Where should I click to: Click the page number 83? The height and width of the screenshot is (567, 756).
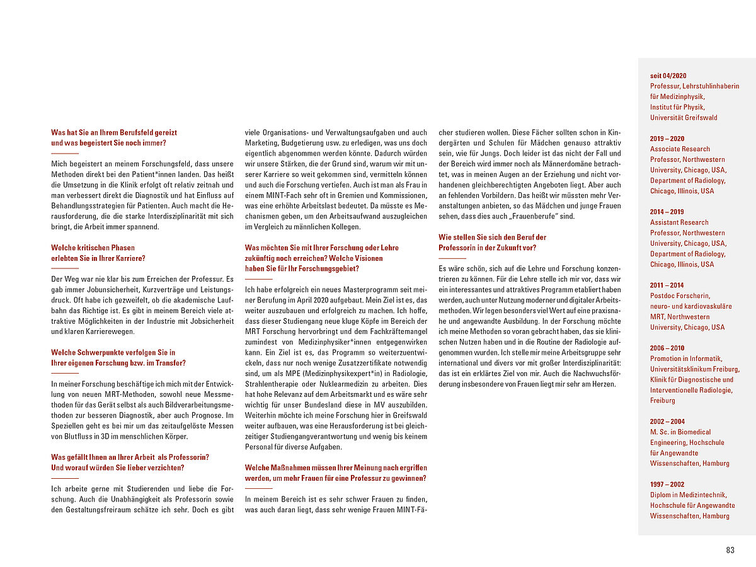(730, 550)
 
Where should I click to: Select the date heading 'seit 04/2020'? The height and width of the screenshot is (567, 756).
(668, 76)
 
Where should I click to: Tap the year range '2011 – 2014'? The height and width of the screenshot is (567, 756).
(667, 285)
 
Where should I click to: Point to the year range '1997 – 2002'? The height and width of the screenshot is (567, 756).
(667, 484)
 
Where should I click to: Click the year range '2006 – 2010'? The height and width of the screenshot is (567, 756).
(667, 348)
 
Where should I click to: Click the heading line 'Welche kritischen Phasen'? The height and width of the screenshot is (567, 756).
(93, 248)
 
